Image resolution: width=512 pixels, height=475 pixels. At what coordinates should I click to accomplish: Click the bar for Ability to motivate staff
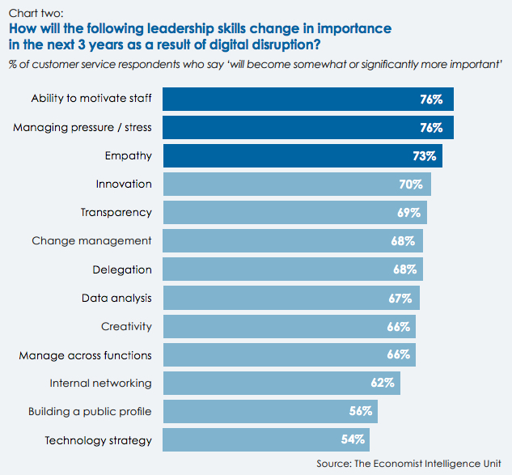click(x=307, y=99)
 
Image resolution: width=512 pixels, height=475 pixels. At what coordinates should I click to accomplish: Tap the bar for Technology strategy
click(x=266, y=440)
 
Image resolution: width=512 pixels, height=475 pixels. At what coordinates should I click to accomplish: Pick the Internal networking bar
click(x=281, y=383)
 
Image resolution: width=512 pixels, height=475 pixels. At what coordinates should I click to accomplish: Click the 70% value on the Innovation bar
click(x=410, y=184)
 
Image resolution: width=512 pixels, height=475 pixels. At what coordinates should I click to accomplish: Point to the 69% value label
click(x=408, y=213)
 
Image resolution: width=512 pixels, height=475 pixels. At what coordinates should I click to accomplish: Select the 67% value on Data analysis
click(x=400, y=298)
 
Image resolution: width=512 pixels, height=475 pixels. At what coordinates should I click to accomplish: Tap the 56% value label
click(x=361, y=411)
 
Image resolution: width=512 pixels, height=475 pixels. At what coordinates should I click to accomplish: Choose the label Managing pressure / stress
click(x=82, y=127)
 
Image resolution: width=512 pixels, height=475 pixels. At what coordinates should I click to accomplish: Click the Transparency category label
click(x=116, y=212)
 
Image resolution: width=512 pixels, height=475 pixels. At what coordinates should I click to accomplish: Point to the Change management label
click(x=91, y=240)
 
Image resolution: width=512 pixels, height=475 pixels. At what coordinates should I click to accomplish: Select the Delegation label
click(x=122, y=269)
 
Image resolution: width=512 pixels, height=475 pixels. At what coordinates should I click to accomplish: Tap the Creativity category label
click(x=126, y=326)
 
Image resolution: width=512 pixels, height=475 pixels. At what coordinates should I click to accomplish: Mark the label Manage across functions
click(x=85, y=354)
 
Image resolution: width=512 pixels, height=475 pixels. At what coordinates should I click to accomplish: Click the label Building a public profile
click(x=89, y=411)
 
